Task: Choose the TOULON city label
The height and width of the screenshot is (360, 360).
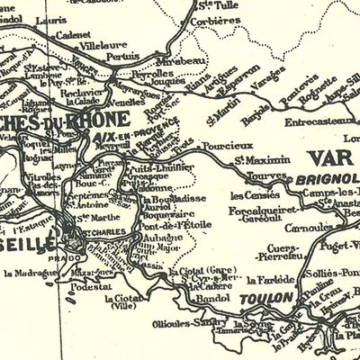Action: pos(262,297)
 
